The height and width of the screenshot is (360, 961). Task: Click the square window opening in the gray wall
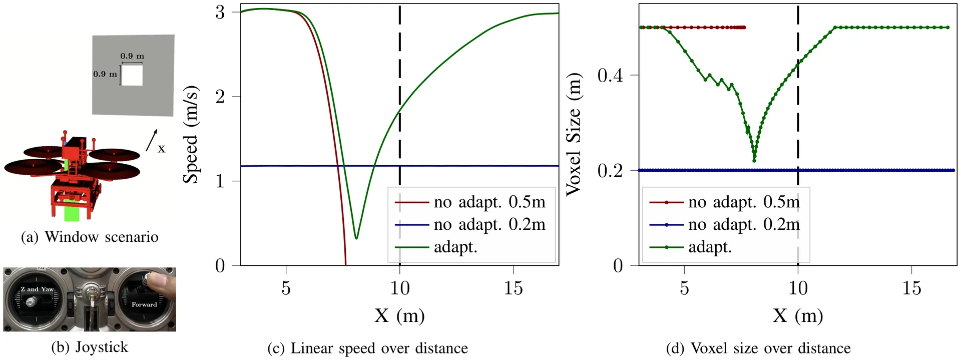click(x=132, y=75)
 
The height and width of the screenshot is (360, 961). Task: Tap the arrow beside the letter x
click(x=152, y=140)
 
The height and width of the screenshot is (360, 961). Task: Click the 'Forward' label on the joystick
click(x=144, y=304)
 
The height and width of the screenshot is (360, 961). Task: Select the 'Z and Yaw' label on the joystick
click(x=37, y=289)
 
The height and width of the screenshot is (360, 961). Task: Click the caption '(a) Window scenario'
click(x=90, y=237)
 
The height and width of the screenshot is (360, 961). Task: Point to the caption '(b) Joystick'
click(x=90, y=347)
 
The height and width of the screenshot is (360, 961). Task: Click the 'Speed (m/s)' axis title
click(x=191, y=135)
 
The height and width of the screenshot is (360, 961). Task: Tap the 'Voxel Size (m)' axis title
click(x=574, y=134)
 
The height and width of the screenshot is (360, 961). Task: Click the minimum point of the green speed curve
click(x=356, y=238)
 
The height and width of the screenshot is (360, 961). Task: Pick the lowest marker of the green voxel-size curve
click(x=754, y=161)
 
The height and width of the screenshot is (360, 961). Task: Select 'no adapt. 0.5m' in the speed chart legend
click(x=490, y=202)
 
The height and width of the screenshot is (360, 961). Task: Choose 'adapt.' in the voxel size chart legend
click(x=710, y=247)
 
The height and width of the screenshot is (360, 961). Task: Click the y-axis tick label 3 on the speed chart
click(x=220, y=12)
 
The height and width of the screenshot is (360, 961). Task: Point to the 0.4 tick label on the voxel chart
click(x=610, y=75)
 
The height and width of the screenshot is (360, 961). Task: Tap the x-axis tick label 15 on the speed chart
click(x=514, y=288)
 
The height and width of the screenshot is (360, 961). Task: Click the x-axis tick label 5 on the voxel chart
click(x=684, y=288)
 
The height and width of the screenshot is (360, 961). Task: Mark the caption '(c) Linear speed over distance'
click(x=368, y=348)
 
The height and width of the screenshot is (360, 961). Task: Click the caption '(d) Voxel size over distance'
click(x=758, y=348)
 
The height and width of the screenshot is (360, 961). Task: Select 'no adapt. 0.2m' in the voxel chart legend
click(x=744, y=225)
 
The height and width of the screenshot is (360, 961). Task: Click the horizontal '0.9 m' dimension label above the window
click(x=132, y=56)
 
